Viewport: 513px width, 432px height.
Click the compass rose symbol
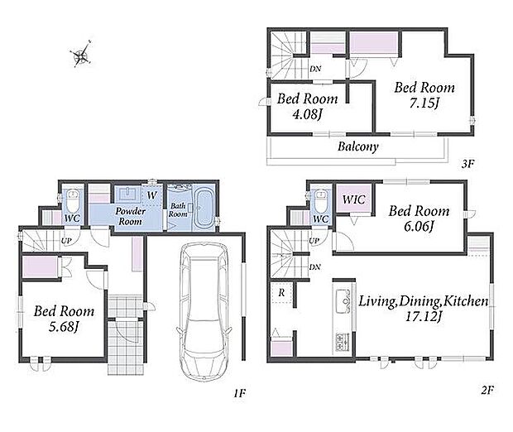coord(81,55)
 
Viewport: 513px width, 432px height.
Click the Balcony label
coord(358,146)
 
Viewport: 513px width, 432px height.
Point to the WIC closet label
coord(354,199)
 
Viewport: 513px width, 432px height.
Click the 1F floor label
coord(239,393)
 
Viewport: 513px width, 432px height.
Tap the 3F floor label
coord(467,163)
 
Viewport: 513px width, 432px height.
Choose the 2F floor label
coord(487,390)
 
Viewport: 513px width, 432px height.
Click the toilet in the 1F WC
coord(72,200)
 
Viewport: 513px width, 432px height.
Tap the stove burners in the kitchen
coord(343,342)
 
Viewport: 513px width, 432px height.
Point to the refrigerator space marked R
coord(281,292)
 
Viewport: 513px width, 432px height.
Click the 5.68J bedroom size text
coord(64,327)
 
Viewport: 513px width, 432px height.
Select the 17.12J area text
coord(424,316)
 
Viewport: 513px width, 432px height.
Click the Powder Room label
coord(130,216)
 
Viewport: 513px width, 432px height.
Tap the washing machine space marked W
coord(151,195)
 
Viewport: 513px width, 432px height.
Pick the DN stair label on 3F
coord(315,69)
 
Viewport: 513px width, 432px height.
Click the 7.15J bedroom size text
coord(424,103)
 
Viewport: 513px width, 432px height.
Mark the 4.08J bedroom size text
coord(308,114)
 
